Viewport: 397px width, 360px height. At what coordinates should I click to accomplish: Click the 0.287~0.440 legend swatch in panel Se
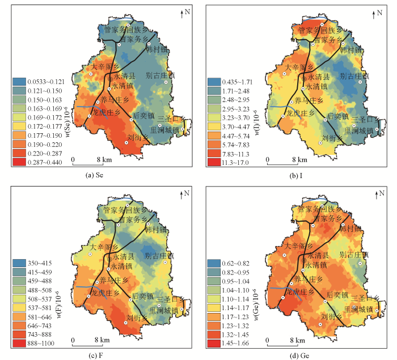pos(18,162)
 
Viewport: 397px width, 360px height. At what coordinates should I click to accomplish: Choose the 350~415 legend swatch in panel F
pos(18,264)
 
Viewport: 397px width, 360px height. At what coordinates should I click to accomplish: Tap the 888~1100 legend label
pos(41,345)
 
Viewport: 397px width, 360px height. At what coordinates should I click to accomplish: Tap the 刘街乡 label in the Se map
pos(138,137)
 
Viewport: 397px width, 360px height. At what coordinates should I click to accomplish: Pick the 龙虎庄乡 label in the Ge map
pos(296,293)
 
